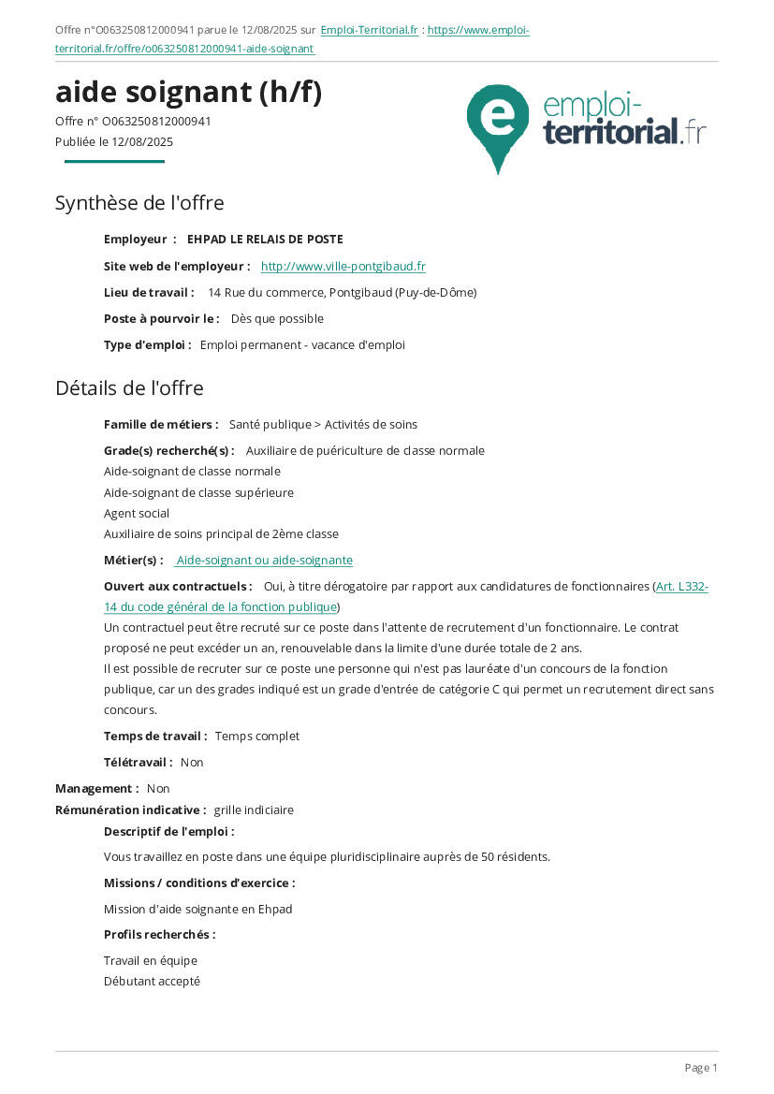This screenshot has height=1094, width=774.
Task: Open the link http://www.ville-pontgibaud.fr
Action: coord(343,267)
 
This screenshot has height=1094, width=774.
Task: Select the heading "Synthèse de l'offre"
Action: coord(139,203)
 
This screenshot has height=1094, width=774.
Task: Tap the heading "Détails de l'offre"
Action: coord(129,387)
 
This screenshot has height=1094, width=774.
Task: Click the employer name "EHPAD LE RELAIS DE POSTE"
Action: coord(265,240)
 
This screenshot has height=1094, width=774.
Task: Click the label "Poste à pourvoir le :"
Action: coord(162,319)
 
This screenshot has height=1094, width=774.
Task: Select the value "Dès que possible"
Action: coord(277,319)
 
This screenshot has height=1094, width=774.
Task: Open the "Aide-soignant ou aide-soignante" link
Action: coord(264,561)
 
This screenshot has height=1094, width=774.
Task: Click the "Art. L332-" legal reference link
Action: coord(681,587)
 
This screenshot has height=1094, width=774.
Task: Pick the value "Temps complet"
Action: coord(257,737)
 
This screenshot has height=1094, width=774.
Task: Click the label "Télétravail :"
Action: coord(139,763)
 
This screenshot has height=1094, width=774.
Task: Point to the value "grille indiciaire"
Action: coord(254,810)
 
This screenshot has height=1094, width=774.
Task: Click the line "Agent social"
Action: coord(137,514)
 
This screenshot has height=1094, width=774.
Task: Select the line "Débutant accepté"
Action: coord(152,982)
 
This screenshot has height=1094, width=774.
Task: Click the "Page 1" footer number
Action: coord(701,1068)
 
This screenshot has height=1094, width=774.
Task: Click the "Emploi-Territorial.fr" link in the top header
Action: coord(369,30)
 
